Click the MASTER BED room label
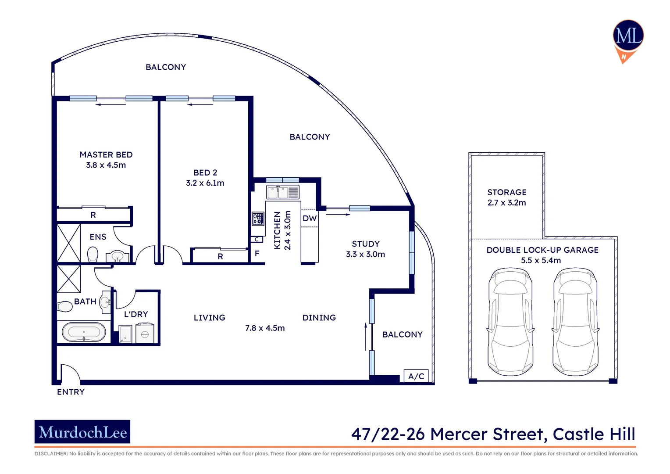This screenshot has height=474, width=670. click(x=106, y=154)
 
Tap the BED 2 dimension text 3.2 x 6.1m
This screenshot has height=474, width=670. click(x=205, y=183)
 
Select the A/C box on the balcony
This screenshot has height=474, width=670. click(x=416, y=376)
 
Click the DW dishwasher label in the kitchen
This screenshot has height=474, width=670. click(x=310, y=218)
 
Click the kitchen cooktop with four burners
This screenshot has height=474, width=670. click(x=258, y=219)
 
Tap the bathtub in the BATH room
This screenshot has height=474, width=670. click(x=83, y=332)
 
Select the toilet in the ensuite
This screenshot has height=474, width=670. click(x=93, y=255)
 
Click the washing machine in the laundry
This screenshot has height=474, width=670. click(x=145, y=334)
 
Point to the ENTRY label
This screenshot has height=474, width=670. click(x=71, y=392)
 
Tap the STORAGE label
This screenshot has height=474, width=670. click(x=506, y=192)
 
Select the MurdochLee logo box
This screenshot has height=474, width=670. click(x=82, y=432)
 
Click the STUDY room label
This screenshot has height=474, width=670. click(x=365, y=244)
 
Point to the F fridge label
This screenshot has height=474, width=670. click(x=257, y=253)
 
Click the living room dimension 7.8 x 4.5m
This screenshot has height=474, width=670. click(x=265, y=328)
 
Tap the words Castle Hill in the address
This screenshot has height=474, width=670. click(x=594, y=434)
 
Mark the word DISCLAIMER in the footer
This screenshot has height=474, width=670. click(x=50, y=453)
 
